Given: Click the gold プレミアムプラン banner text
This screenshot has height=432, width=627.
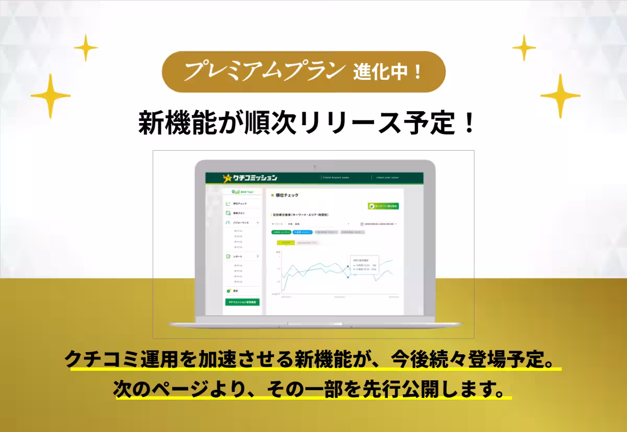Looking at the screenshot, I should (264, 72).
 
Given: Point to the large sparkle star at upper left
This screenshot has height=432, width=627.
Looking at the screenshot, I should (51, 95).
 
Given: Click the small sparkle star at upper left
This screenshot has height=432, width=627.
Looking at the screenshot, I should (85, 48).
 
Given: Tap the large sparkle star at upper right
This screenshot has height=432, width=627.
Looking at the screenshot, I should (560, 95).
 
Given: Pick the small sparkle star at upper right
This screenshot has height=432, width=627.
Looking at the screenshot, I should (524, 47).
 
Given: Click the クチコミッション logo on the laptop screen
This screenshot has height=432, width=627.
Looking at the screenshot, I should (250, 178).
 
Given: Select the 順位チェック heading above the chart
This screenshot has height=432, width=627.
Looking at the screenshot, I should (287, 195).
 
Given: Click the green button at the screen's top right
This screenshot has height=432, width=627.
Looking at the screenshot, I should (383, 206).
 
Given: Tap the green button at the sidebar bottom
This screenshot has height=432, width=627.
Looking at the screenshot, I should (242, 302).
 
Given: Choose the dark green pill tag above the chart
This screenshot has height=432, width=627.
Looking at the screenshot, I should (281, 232).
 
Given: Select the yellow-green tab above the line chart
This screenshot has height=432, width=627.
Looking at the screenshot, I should (285, 243).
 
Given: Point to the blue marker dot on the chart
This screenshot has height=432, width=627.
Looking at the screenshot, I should (348, 277).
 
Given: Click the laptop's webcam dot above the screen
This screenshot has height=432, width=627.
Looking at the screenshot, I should (315, 166).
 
